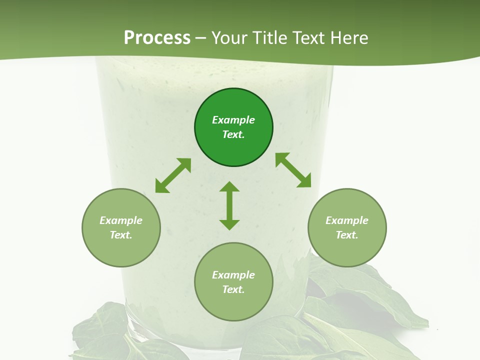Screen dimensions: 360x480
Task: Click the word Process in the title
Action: pyautogui.click(x=157, y=38)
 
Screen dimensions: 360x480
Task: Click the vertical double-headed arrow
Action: pyautogui.click(x=229, y=205)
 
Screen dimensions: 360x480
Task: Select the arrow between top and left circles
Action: pyautogui.click(x=173, y=175)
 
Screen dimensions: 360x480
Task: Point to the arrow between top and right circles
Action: pyautogui.click(x=293, y=170)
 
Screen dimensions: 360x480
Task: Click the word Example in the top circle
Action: pyautogui.click(x=233, y=120)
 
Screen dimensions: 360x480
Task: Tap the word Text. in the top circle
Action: pyautogui.click(x=233, y=134)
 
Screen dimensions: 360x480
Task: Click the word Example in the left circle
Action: pyautogui.click(x=121, y=220)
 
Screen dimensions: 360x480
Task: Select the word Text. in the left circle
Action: pyautogui.click(x=121, y=235)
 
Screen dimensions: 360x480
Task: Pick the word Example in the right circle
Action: pyautogui.click(x=347, y=220)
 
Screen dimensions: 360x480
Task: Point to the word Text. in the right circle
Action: pyautogui.click(x=347, y=235)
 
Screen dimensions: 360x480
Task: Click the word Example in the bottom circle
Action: pyautogui.click(x=233, y=275)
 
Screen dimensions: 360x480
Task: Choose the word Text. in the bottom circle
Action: pyautogui.click(x=233, y=289)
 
